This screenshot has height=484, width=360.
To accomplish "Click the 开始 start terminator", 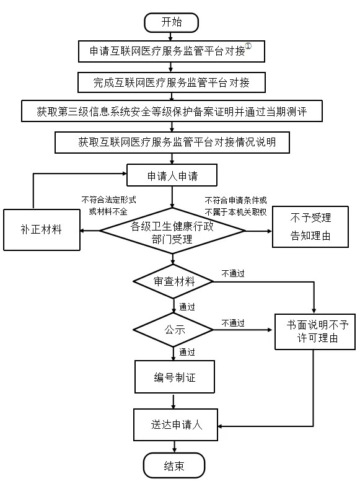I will pos(172,22).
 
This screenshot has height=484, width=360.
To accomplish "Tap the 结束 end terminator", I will pos(173,465).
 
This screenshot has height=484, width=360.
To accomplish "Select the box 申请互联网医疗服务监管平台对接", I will pos(172,51).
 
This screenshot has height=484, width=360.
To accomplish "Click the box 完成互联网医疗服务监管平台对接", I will pos(172,82).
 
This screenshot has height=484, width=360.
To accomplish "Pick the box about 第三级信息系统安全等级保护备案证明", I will pos(172,112).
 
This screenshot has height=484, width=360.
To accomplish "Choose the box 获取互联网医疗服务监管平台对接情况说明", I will pos(172,143).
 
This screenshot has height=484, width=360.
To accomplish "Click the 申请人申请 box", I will pos(172,175).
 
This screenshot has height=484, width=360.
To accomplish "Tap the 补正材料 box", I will pos(42,230).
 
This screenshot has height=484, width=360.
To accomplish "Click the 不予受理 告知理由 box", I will pos(310,226).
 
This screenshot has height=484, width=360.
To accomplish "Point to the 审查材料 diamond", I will pos(173,281).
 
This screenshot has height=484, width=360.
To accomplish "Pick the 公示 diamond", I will pos(174,330).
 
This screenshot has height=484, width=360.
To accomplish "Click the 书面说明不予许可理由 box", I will pos(316,331).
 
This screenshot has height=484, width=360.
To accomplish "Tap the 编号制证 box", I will pos(174,378).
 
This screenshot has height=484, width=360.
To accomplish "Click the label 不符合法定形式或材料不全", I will pos(109,206).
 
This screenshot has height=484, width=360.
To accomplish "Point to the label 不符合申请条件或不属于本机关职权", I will pos(236,206).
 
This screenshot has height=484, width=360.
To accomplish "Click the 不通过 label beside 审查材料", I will pos(233,272).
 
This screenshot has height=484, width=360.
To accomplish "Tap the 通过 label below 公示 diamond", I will pos(187,353).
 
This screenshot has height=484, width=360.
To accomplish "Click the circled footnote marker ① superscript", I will pos(248,46).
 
